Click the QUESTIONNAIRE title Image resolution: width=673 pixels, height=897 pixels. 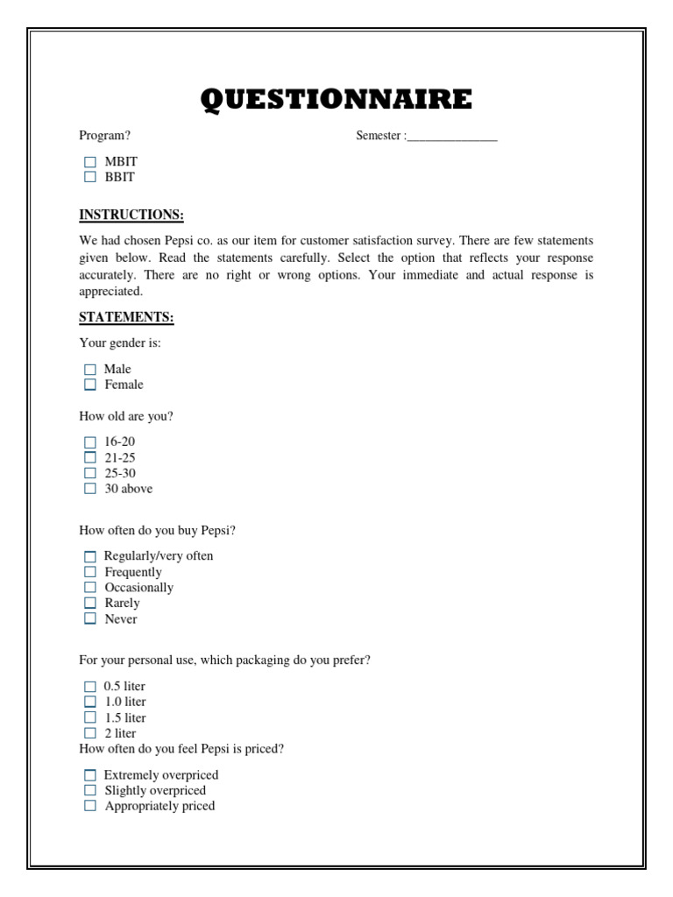336,100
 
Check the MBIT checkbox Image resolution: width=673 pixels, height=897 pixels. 90,162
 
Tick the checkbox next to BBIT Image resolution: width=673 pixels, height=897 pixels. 90,177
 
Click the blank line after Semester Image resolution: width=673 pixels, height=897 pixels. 452,137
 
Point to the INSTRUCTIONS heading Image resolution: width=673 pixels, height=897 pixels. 131,215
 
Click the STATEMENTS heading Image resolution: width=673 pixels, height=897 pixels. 126,316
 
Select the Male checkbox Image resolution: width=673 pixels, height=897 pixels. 90,370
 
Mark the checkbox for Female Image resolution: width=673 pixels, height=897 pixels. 90,385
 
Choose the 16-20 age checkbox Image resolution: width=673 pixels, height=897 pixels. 90,442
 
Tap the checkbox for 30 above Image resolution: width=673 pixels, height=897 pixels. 90,489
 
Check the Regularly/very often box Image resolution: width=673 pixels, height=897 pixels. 90,556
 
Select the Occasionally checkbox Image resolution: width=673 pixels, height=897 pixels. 90,588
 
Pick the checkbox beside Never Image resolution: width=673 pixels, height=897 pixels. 90,619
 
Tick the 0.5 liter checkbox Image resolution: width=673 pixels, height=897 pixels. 90,687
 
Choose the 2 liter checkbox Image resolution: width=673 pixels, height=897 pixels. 90,733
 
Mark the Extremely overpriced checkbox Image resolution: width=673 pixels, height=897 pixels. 90,775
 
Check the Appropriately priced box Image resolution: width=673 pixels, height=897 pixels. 90,806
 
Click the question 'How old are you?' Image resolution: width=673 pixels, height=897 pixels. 126,416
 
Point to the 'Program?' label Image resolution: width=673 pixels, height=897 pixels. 105,136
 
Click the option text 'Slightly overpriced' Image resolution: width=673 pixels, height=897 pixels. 155,790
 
